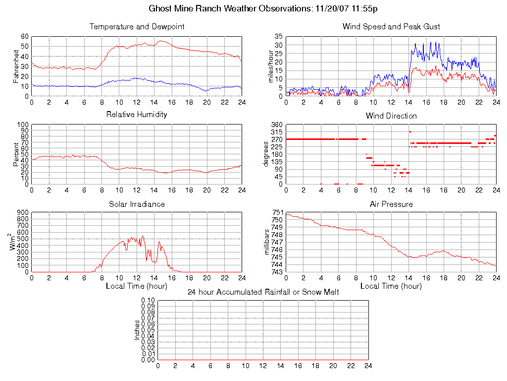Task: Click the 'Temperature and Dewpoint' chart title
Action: (137, 27)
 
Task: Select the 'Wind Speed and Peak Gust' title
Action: (391, 27)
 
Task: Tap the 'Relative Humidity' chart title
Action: (137, 115)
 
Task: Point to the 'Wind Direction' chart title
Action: (391, 116)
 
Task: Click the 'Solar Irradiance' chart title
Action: (137, 204)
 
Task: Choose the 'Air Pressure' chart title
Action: (391, 204)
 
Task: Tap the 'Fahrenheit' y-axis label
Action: (16, 66)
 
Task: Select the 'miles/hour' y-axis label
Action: (270, 66)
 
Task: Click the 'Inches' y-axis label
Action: (137, 330)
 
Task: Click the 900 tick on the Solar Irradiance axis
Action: (23, 212)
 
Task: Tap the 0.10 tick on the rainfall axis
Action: (148, 300)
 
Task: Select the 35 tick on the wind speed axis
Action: (278, 37)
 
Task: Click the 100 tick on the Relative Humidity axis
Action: (23, 125)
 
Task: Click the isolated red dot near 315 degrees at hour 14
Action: (410, 131)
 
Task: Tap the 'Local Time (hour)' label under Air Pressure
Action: (391, 286)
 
